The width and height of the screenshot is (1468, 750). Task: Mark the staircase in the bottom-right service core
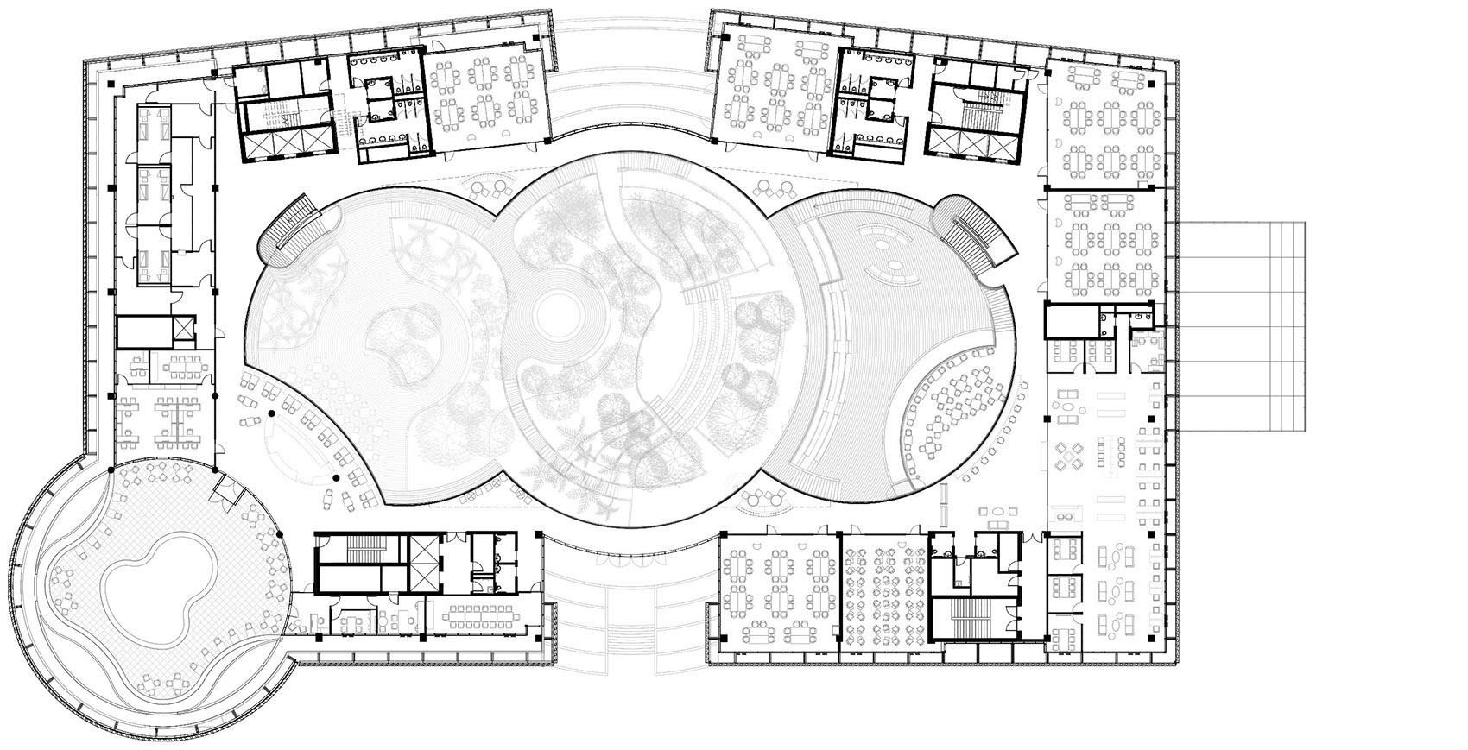pos(967,619)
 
